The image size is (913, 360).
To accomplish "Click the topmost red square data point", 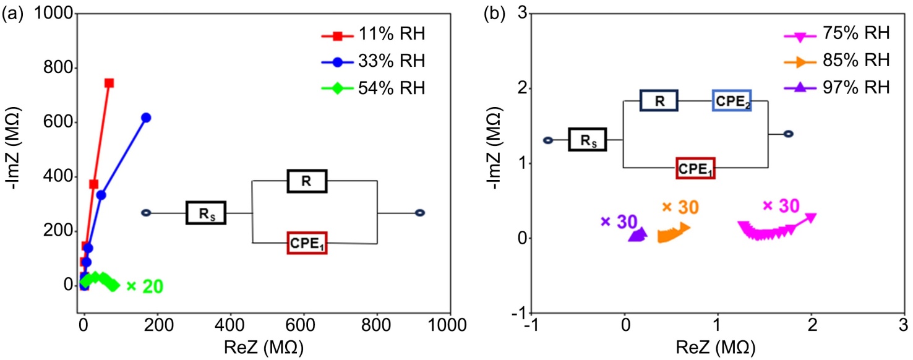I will click(109, 83).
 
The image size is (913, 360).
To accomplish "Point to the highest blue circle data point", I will click(146, 117).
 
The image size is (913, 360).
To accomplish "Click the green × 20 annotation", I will click(144, 286).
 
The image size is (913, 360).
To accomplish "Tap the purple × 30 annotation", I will click(619, 221).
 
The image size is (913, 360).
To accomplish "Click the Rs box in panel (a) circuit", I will click(205, 213).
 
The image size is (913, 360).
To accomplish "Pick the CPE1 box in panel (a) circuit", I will click(307, 243).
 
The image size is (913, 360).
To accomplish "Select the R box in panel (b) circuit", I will click(659, 100).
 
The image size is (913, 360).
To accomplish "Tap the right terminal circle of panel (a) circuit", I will click(420, 213).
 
